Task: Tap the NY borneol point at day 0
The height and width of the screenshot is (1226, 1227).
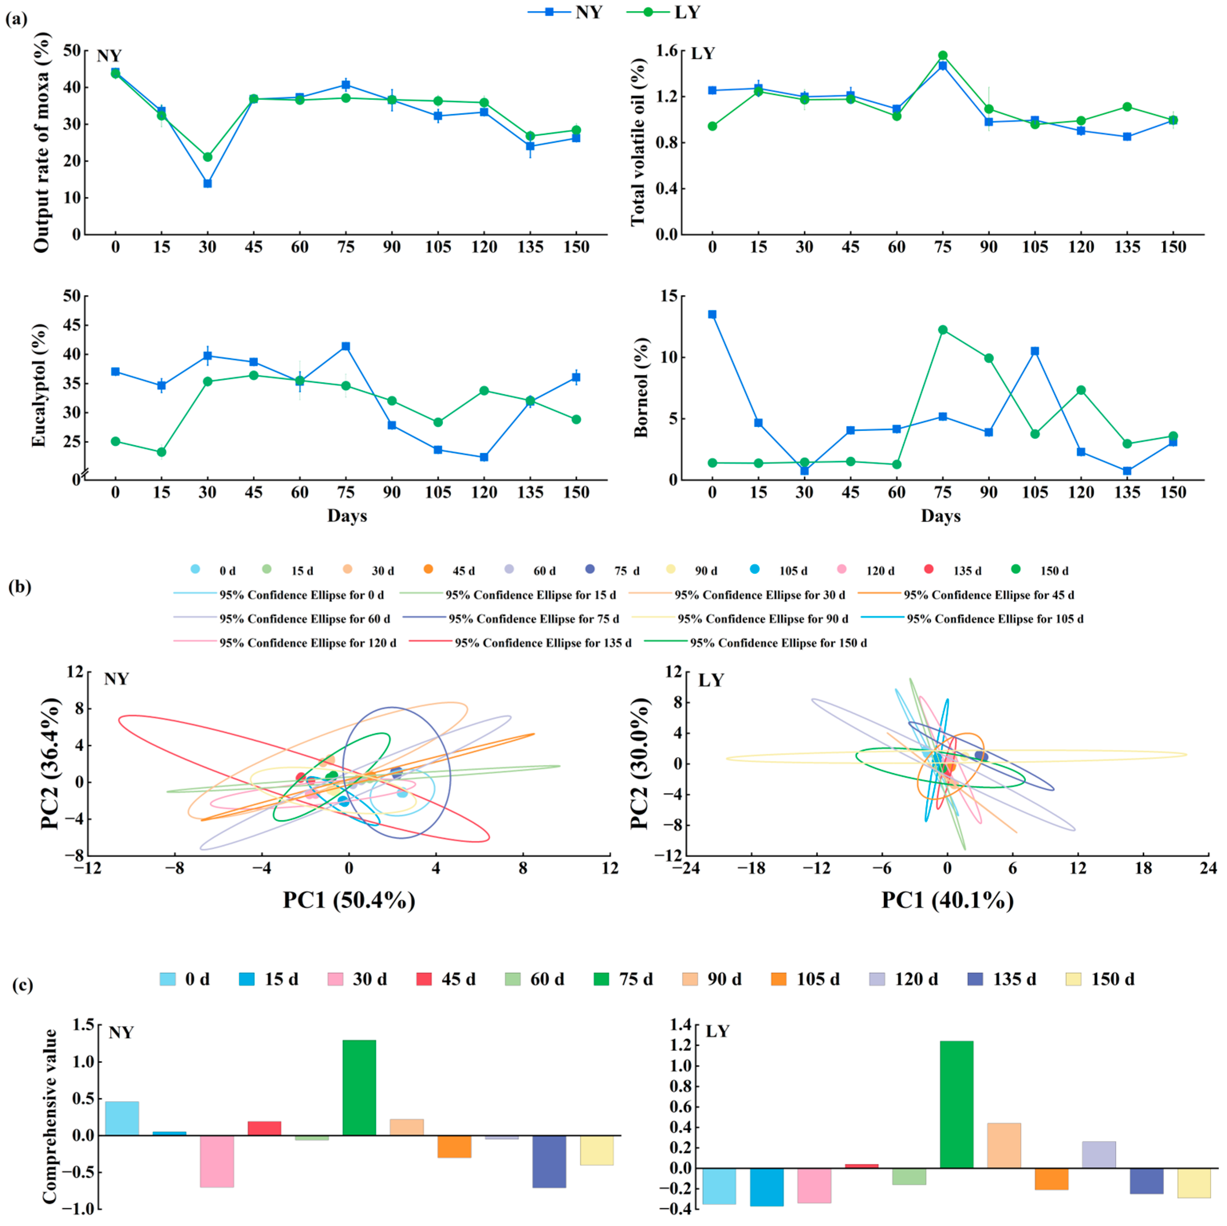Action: click(713, 315)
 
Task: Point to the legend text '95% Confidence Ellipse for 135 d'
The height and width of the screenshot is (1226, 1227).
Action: click(543, 643)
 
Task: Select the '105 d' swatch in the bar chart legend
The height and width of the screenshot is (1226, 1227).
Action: click(779, 979)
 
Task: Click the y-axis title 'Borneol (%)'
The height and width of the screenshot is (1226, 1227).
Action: click(642, 387)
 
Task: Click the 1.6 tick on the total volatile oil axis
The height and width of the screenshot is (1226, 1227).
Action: click(668, 51)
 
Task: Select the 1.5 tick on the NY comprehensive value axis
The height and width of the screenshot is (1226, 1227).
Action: click(83, 1025)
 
